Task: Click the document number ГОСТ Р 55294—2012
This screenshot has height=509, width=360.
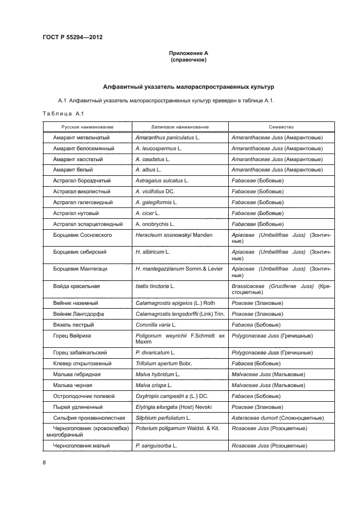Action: pos(72,37)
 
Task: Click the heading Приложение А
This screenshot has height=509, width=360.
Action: pos(189,53)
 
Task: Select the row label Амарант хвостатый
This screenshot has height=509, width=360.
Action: pos(78,160)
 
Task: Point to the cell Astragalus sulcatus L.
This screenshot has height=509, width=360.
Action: pos(162,181)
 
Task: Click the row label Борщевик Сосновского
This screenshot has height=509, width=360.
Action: pos(83,235)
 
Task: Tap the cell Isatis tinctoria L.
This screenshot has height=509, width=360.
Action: pos(155,286)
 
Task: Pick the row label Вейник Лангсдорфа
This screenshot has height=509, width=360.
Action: pos(79,314)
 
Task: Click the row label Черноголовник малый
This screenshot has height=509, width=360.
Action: pos(82,445)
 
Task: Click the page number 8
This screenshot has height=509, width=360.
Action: pos(44,462)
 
